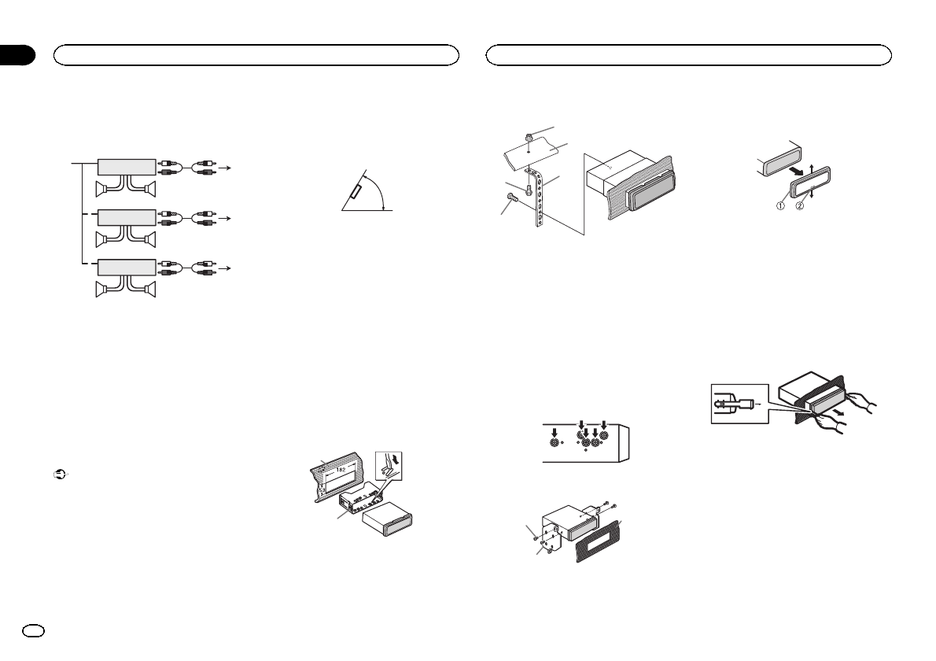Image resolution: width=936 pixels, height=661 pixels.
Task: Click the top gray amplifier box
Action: (x=126, y=166)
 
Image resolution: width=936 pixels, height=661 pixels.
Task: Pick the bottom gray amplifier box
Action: (x=126, y=268)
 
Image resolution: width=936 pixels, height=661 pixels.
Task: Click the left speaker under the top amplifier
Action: (x=105, y=188)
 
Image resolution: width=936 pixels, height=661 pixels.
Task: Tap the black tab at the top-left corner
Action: (x=17, y=54)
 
